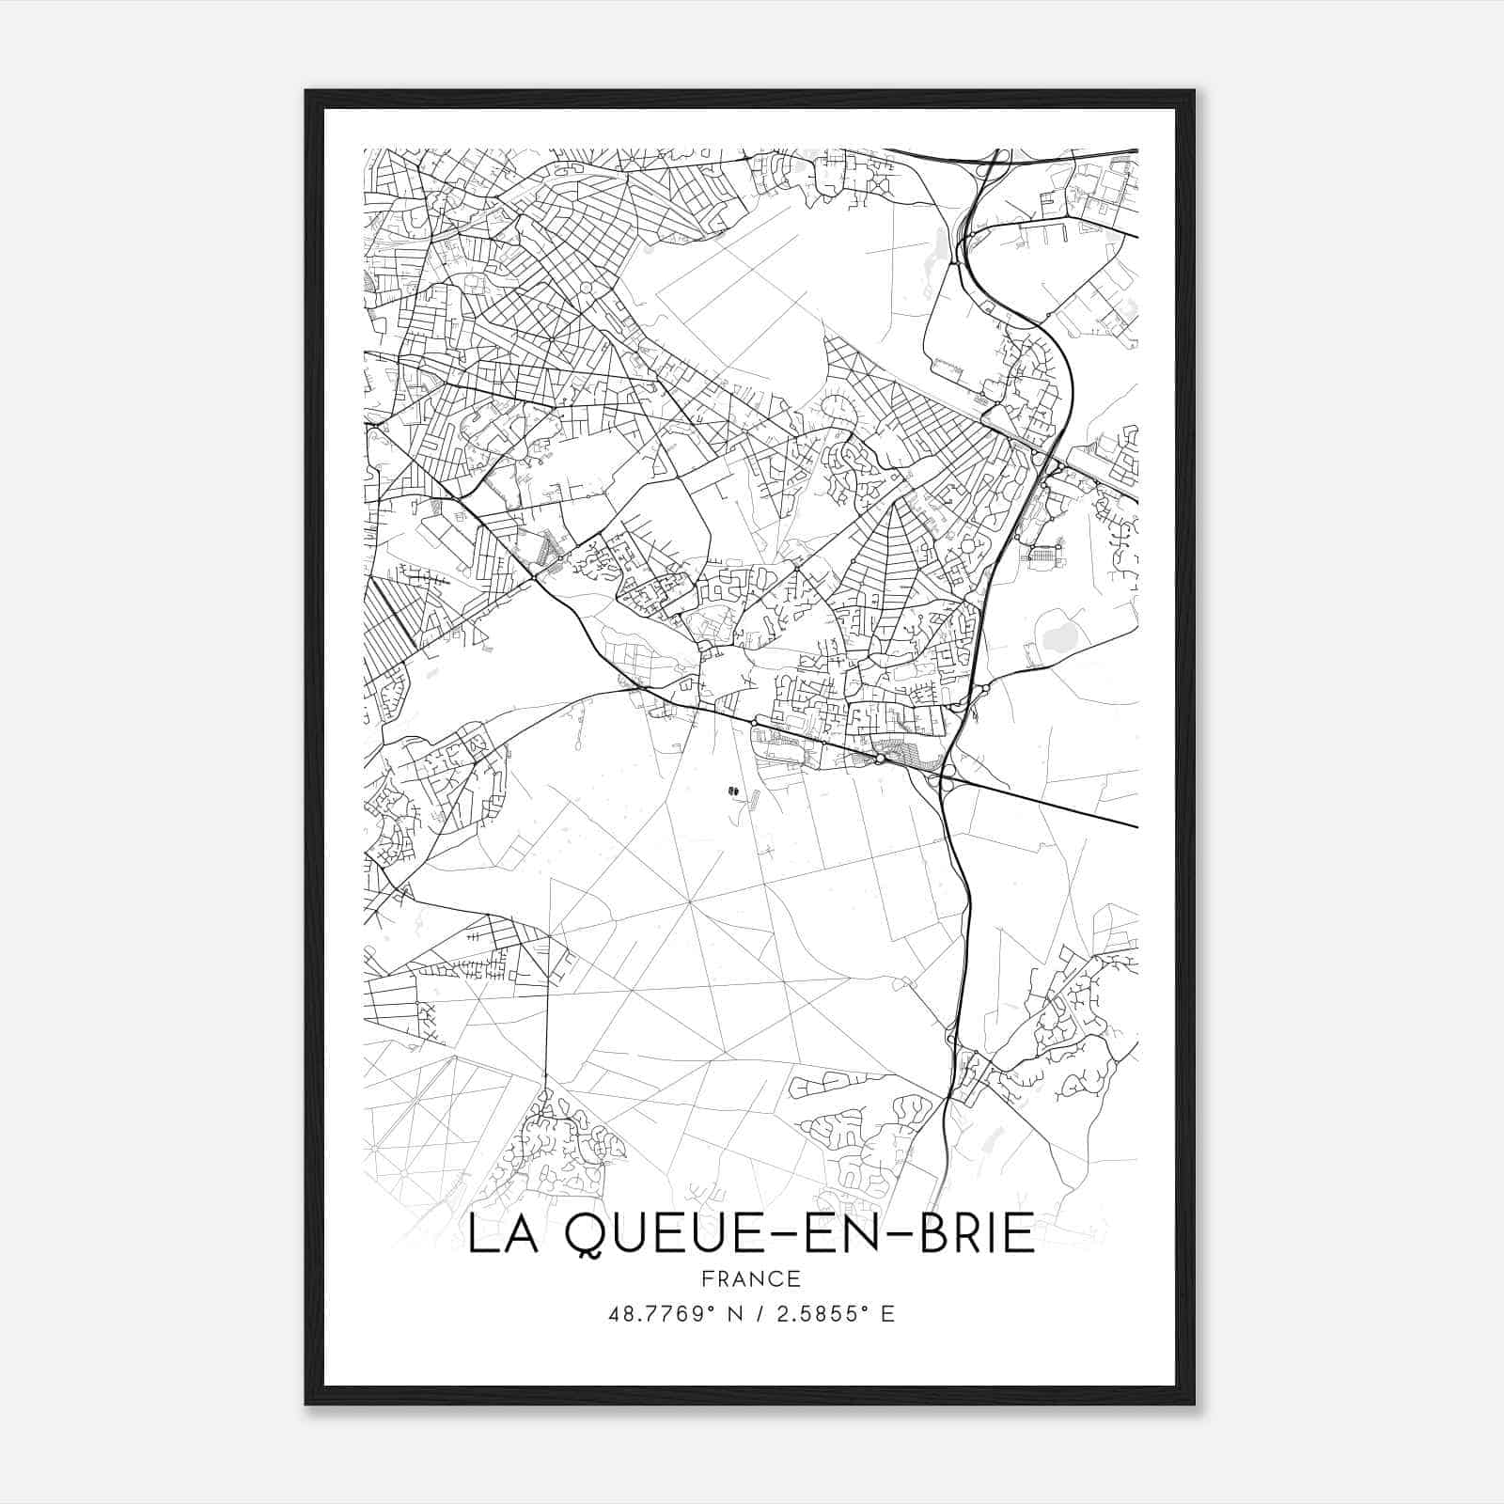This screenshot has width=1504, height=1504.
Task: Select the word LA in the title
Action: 498,1235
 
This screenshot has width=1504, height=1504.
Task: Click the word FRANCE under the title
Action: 751,1279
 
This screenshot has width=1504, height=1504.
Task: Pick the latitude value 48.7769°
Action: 664,1313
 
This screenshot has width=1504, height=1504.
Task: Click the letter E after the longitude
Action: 887,1313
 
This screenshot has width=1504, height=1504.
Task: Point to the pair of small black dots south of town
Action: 732,791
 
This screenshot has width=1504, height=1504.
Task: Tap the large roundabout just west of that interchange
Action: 880,758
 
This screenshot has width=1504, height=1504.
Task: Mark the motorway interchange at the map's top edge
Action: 987,169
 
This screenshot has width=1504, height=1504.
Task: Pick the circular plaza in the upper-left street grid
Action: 587,288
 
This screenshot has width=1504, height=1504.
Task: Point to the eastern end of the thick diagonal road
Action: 1136,827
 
